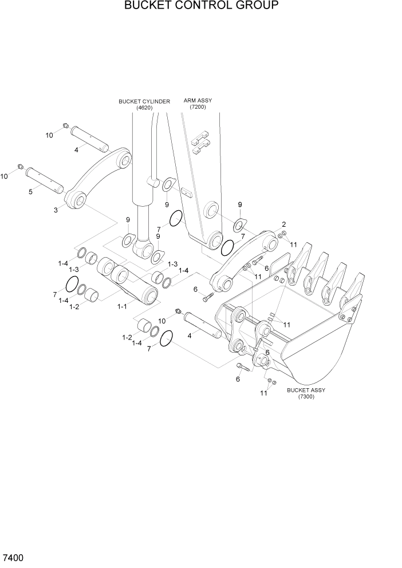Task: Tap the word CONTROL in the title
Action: (x=192, y=6)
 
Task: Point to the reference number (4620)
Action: (x=144, y=108)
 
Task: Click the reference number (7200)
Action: (x=198, y=107)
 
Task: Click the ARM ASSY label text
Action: (x=198, y=100)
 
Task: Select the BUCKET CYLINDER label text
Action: (x=144, y=101)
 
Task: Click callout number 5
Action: (x=30, y=191)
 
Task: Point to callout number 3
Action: (x=56, y=210)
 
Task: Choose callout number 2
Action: (x=283, y=224)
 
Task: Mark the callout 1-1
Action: (x=121, y=307)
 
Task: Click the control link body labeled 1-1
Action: (x=129, y=281)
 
